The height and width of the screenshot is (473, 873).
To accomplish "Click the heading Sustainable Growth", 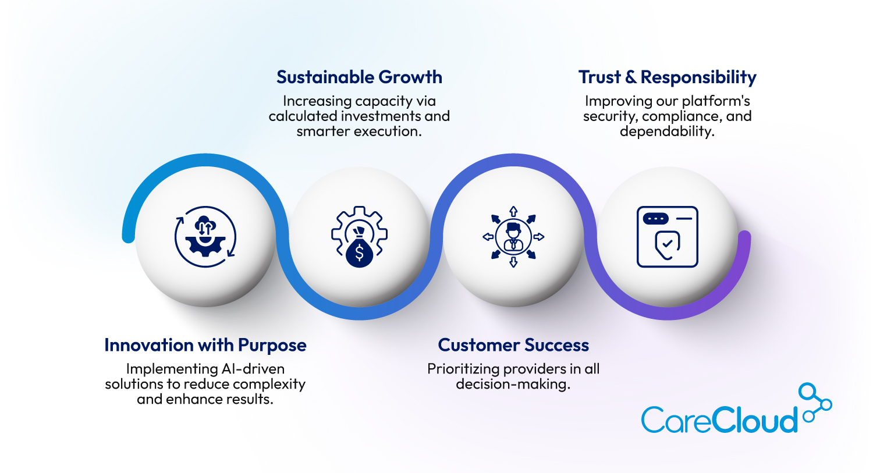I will point(359,77).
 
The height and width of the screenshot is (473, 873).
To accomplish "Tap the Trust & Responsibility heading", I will point(667,77).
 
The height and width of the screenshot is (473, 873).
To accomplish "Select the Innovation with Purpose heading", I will point(205,345).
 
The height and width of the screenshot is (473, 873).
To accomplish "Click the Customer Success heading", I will point(513,345).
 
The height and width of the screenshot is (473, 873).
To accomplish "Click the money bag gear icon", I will point(359,237).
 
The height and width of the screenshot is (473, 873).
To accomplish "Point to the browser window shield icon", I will point(667,237).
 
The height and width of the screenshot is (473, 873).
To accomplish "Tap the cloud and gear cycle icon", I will point(205,237).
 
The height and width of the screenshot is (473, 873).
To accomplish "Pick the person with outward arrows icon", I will point(513,237).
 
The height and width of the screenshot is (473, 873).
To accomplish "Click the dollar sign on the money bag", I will point(359,253).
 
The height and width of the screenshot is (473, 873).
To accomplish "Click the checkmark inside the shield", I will point(668,244).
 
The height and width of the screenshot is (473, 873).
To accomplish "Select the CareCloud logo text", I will point(719,419).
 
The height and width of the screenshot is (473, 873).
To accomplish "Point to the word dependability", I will point(667,131).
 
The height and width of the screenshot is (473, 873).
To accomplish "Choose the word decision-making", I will point(513,384).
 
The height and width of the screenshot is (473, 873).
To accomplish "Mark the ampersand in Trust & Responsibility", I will point(631,77).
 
